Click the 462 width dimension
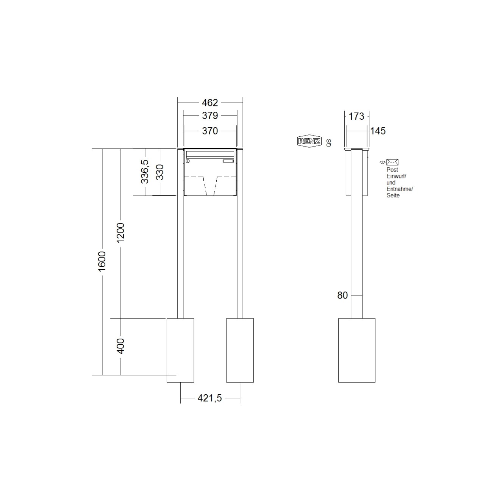click(210, 103)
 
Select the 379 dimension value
click(210, 115)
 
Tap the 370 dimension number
click(210, 131)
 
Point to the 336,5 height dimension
click(144, 172)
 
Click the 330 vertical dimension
click(160, 172)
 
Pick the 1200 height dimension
click(120, 233)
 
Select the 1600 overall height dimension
click(102, 261)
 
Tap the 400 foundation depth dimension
click(120, 346)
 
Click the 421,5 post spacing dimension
click(209, 398)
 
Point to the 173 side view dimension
click(356, 116)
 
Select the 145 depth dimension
click(378, 131)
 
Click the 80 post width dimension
click(342, 295)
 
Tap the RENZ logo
click(309, 141)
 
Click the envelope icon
click(392, 162)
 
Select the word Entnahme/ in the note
click(399, 189)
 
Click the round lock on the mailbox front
click(187, 162)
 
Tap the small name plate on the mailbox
click(228, 162)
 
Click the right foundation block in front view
click(240, 350)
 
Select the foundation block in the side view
click(356, 350)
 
